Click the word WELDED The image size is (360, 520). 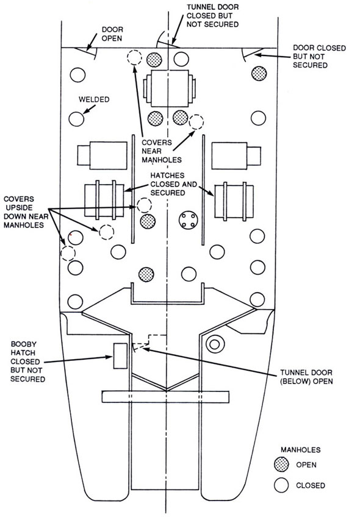tap(94, 99)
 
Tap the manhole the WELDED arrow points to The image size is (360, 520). tap(76, 118)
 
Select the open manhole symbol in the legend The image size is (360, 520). tap(282, 465)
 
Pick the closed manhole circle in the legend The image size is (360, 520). tap(282, 485)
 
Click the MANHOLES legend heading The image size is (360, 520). tap(301, 450)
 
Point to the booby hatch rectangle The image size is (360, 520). tap(120, 356)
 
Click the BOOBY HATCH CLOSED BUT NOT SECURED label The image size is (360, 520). tap(27, 362)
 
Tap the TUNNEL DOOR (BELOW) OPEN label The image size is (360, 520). tap(306, 377)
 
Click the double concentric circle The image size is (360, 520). tap(214, 344)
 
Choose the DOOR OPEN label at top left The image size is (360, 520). tap(112, 34)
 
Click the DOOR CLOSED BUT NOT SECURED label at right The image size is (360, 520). tap(319, 56)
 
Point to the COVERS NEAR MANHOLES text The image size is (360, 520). tap(162, 151)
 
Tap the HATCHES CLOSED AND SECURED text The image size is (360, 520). tap(173, 184)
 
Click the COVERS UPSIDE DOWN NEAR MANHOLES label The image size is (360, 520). tap(24, 212)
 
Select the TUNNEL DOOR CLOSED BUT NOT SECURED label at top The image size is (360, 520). tap(212, 16)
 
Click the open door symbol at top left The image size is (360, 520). tap(86, 52)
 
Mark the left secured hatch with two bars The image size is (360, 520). tap(104, 201)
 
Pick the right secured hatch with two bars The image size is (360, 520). tap(234, 201)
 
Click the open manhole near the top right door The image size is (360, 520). tap(259, 73)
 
